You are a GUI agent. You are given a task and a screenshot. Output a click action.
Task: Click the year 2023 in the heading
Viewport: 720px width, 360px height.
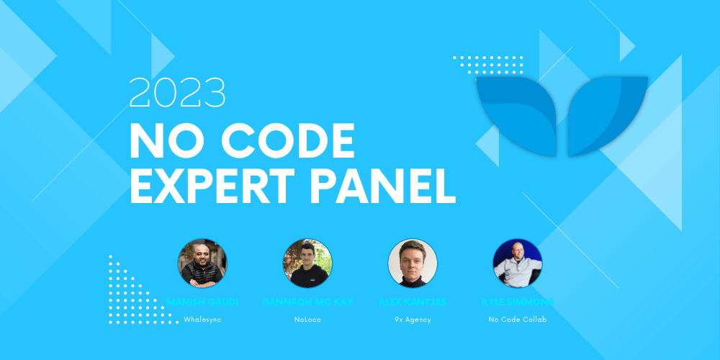(x=177, y=94)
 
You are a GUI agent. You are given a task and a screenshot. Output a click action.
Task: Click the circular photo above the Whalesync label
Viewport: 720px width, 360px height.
(x=202, y=264)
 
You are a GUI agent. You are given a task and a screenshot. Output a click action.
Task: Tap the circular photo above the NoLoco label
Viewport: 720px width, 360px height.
(x=307, y=264)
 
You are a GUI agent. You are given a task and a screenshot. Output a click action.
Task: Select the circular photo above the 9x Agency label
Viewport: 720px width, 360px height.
(x=413, y=264)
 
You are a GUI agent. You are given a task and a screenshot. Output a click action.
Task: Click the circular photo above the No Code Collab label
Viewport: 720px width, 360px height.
(x=518, y=264)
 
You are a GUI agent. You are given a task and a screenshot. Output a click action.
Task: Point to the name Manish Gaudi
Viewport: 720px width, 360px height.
(x=202, y=302)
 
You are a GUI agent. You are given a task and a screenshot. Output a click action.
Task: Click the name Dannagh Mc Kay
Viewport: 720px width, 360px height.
(x=307, y=302)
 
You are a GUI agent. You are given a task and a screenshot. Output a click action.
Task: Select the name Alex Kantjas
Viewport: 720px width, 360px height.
(x=413, y=302)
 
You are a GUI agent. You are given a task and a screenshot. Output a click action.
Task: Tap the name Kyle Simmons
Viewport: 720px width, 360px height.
(x=518, y=302)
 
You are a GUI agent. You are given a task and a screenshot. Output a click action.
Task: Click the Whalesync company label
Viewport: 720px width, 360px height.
(x=202, y=319)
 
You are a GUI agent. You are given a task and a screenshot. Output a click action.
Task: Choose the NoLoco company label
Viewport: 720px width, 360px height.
(x=307, y=319)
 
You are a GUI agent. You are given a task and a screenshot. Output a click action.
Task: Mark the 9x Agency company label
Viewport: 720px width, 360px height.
(x=413, y=319)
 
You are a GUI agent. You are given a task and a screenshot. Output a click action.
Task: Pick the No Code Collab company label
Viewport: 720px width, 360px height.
(x=518, y=319)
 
